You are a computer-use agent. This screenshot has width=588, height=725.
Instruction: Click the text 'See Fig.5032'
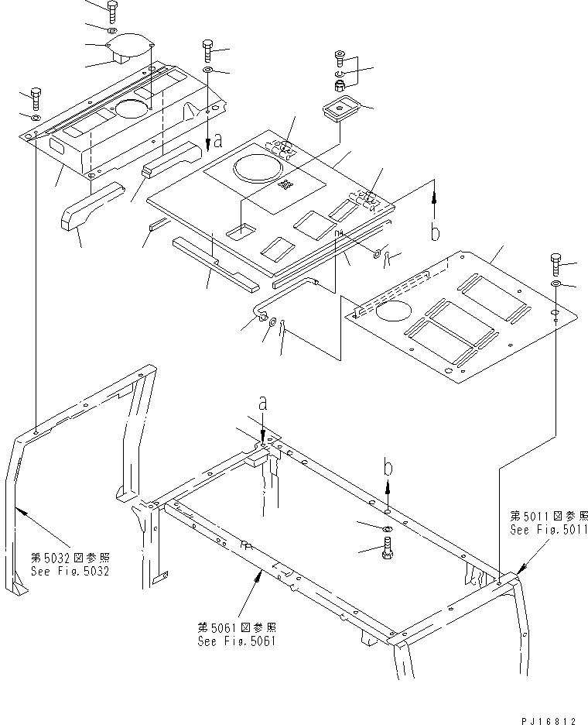click(70, 572)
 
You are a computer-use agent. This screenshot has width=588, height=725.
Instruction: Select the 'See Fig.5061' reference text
click(237, 641)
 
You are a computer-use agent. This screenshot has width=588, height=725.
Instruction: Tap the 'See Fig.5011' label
click(549, 530)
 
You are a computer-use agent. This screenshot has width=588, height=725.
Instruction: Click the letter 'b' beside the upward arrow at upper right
click(435, 233)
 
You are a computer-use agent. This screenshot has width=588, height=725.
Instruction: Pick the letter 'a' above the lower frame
click(263, 403)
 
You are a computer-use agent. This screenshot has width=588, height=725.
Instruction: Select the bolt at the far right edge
click(556, 264)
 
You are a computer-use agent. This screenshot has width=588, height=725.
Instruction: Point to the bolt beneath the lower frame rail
click(387, 551)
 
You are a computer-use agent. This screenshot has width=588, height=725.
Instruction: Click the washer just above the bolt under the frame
click(387, 527)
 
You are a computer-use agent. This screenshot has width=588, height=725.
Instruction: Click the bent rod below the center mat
click(286, 295)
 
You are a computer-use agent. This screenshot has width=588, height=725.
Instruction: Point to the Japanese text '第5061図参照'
click(237, 627)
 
